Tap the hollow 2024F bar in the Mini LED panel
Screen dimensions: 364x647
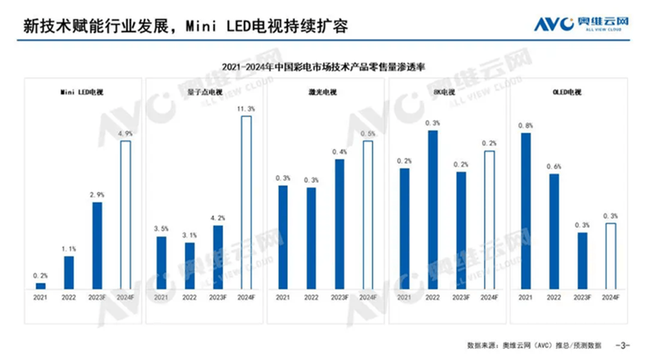tap(125, 215)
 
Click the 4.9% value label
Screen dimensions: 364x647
tap(125, 135)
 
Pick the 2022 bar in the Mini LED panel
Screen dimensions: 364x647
tap(69, 273)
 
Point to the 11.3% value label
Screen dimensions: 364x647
tap(246, 109)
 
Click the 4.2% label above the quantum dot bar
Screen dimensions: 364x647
tap(218, 218)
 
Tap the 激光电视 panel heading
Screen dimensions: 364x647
tap(323, 92)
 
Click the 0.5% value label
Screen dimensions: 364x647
tap(367, 134)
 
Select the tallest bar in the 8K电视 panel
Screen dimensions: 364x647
tap(432, 209)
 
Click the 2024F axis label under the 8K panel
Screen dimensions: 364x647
tap(488, 297)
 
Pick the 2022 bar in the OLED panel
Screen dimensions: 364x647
tap(554, 231)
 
